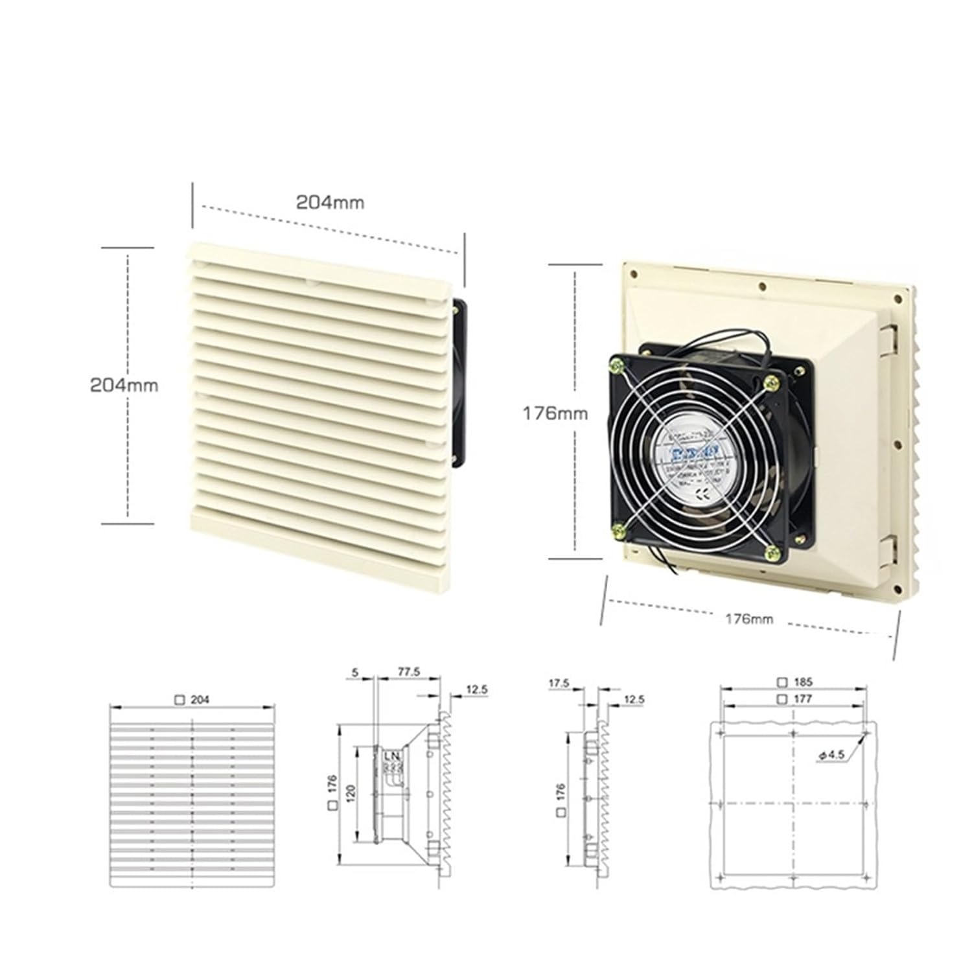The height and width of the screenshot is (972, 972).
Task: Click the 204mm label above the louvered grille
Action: (x=330, y=203)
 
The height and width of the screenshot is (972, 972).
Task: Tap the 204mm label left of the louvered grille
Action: (x=124, y=385)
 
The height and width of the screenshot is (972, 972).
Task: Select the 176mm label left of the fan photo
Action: (x=555, y=413)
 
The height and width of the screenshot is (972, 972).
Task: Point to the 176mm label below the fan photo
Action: (x=748, y=619)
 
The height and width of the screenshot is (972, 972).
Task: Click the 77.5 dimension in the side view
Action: (x=408, y=673)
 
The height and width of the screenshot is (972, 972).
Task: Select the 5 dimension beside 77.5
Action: (x=355, y=673)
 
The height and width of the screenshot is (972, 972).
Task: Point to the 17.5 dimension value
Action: (x=559, y=683)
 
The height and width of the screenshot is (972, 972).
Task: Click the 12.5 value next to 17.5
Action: (x=634, y=699)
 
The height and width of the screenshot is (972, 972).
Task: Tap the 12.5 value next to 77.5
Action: (x=476, y=690)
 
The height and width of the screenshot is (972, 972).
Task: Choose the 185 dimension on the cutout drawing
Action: (x=795, y=682)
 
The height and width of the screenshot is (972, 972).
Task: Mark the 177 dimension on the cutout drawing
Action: (x=795, y=699)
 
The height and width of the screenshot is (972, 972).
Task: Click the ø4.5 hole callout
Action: (x=830, y=755)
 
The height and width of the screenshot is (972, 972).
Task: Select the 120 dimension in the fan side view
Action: (x=351, y=793)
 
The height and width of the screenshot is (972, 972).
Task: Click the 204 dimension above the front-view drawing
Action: (x=192, y=700)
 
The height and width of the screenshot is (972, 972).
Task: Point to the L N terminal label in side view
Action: (x=393, y=756)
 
